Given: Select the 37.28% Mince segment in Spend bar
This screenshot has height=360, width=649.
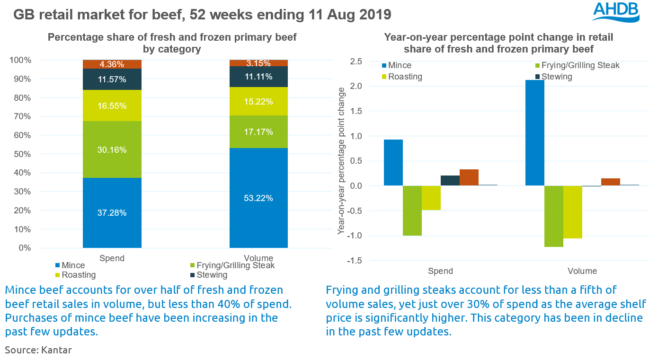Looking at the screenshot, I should pyautogui.click(x=112, y=213).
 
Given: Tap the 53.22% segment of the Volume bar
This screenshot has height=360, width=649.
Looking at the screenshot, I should pyautogui.click(x=258, y=198).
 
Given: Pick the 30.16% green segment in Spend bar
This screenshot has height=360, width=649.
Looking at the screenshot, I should pyautogui.click(x=112, y=150).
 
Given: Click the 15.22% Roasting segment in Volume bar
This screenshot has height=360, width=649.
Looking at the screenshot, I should pyautogui.click(x=258, y=102).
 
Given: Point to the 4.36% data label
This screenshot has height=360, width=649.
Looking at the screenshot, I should pyautogui.click(x=112, y=64).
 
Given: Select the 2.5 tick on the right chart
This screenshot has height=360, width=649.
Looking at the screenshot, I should pyautogui.click(x=356, y=61).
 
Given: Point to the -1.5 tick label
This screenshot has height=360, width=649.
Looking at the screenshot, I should pyautogui.click(x=355, y=261).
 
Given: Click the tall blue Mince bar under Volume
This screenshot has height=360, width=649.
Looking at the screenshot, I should pyautogui.click(x=535, y=133).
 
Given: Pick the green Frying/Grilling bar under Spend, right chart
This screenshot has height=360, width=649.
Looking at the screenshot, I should pyautogui.click(x=412, y=211).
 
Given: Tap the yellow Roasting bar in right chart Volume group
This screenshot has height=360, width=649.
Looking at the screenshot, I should pyautogui.click(x=573, y=212).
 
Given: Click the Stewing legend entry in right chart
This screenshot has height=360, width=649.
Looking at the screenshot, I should pyautogui.click(x=557, y=77).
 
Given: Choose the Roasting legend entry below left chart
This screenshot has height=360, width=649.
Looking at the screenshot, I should pyautogui.click(x=76, y=275).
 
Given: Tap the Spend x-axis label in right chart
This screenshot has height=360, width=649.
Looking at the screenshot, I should pyautogui.click(x=440, y=271).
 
